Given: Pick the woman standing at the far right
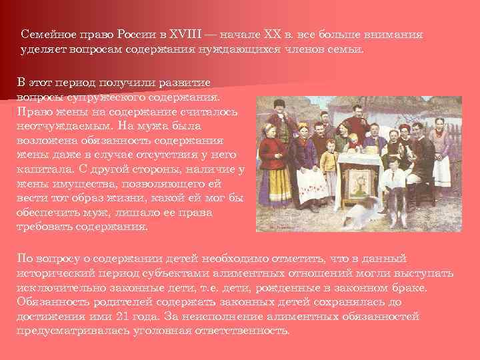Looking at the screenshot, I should tap(441, 153).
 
